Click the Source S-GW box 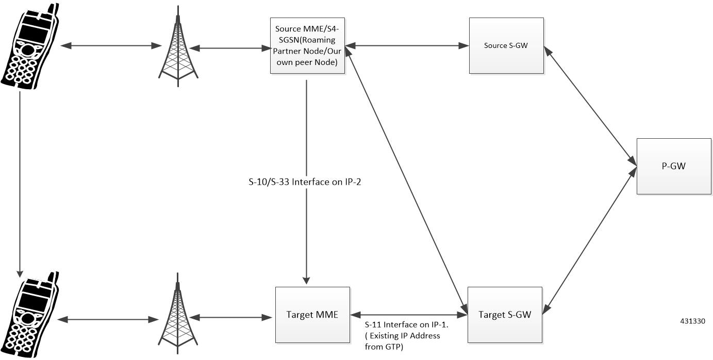[x=506, y=45]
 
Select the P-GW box [x=673, y=166]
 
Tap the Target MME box [x=312, y=315]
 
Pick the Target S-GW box [x=505, y=315]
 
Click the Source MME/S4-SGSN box [x=307, y=46]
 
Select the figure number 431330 [x=692, y=321]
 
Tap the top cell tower [x=178, y=49]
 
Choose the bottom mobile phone [x=28, y=315]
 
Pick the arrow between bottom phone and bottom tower [x=109, y=320]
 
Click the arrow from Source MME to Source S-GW [x=407, y=46]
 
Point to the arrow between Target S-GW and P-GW [x=590, y=239]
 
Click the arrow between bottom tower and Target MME [x=235, y=317]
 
